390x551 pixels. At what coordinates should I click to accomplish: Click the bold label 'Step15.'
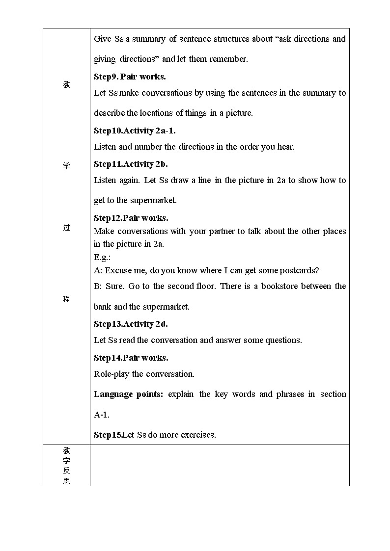coord(108,435)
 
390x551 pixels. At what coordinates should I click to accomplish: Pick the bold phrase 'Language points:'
coord(128,394)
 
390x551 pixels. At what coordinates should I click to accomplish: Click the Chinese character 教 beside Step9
coord(66,84)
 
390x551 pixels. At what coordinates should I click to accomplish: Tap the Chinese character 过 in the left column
coord(66,228)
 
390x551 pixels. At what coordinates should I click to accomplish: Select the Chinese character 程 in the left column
coord(66,299)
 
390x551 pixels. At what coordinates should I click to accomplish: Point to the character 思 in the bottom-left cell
coord(66,481)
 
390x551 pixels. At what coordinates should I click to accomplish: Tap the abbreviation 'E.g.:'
coord(102,258)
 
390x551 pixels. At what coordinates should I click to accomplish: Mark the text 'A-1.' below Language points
coord(102,415)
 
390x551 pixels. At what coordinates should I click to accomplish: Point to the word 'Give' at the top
coord(103,39)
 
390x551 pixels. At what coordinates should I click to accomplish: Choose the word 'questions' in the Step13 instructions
coord(282,340)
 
